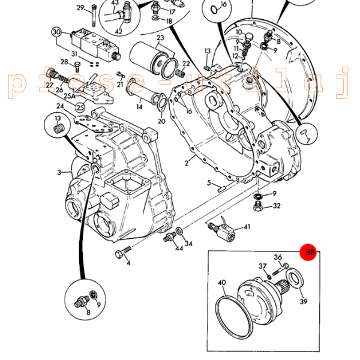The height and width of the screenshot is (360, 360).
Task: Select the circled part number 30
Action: [x=56, y=32]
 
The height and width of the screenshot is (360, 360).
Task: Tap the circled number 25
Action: [x=79, y=107]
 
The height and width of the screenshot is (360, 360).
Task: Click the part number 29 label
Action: [x=80, y=8]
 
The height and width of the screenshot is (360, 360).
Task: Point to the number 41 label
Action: [x=247, y=227]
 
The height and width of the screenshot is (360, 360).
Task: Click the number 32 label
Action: [x=276, y=206]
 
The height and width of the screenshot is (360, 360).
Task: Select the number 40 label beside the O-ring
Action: [x=221, y=283]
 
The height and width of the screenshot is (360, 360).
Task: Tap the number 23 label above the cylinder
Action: [x=160, y=39]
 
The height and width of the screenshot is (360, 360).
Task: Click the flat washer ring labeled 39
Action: [x=295, y=278]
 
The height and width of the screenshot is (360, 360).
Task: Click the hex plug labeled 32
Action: [x=258, y=208]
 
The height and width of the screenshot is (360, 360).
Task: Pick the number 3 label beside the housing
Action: [x=59, y=173]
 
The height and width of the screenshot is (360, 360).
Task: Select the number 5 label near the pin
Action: [x=209, y=183]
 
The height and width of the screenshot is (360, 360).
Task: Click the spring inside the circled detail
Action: [x=59, y=128]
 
